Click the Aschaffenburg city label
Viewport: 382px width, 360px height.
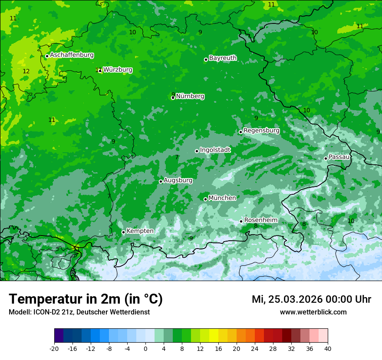click(x=72, y=55)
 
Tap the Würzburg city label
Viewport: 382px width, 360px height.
click(x=118, y=70)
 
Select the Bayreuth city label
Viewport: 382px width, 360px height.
click(x=223, y=58)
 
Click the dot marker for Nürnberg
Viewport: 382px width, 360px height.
click(x=173, y=98)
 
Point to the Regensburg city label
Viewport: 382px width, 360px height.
click(x=261, y=131)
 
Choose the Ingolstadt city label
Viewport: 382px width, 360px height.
click(x=215, y=150)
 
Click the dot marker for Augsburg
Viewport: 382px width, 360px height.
click(x=161, y=181)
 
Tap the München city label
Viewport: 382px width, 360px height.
click(x=222, y=198)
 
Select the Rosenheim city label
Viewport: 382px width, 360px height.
click(x=260, y=220)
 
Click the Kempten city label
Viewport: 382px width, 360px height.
click(x=140, y=231)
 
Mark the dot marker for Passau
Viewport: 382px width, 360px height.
click(x=326, y=158)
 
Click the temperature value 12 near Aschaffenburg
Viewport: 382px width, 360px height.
click(x=26, y=71)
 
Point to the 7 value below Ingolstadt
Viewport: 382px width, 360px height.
click(x=177, y=157)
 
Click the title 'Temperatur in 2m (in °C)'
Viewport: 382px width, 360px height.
click(x=86, y=299)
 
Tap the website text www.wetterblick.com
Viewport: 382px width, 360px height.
click(x=313, y=312)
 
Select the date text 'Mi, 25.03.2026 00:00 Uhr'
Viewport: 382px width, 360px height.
click(x=311, y=300)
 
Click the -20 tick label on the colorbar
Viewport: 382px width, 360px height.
click(x=54, y=348)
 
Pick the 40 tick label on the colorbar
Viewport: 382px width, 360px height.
click(x=328, y=348)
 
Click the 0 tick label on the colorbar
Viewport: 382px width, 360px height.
click(x=145, y=348)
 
